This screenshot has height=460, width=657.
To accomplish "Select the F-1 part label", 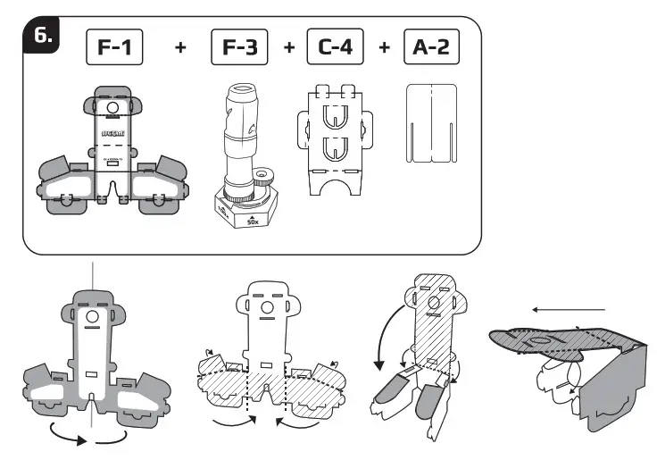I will tap(116, 47).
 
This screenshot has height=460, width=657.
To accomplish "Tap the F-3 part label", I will tap(239, 47).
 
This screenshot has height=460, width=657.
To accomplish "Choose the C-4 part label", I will tap(335, 47).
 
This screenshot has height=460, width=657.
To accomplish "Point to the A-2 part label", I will tap(431, 47).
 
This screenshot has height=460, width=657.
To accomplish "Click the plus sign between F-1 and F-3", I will tap(181, 48).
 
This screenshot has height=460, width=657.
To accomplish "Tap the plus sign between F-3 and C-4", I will tap(288, 48).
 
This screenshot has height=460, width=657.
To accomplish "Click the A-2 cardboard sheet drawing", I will tap(431, 124).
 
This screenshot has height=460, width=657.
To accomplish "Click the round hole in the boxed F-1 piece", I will tap(112, 107).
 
